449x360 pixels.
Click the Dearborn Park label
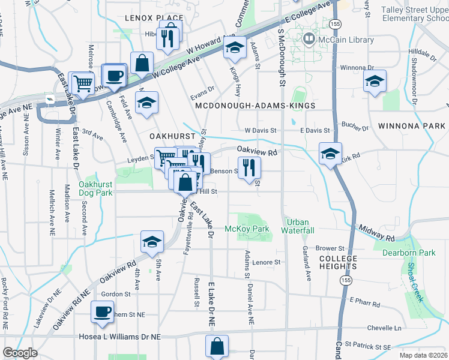click(409, 253)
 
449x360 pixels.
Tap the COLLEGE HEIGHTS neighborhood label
click(337, 263)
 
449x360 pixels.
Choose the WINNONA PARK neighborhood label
click(411, 127)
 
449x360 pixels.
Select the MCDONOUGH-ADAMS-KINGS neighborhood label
click(255, 106)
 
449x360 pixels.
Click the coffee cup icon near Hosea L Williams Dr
click(101, 312)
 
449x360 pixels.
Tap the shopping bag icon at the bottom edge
click(217, 346)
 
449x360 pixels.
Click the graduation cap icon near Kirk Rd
click(330, 154)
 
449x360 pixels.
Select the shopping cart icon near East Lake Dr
click(81, 83)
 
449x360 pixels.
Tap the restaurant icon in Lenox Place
click(167, 39)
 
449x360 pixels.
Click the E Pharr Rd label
click(365, 302)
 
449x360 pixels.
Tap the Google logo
click(20, 353)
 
